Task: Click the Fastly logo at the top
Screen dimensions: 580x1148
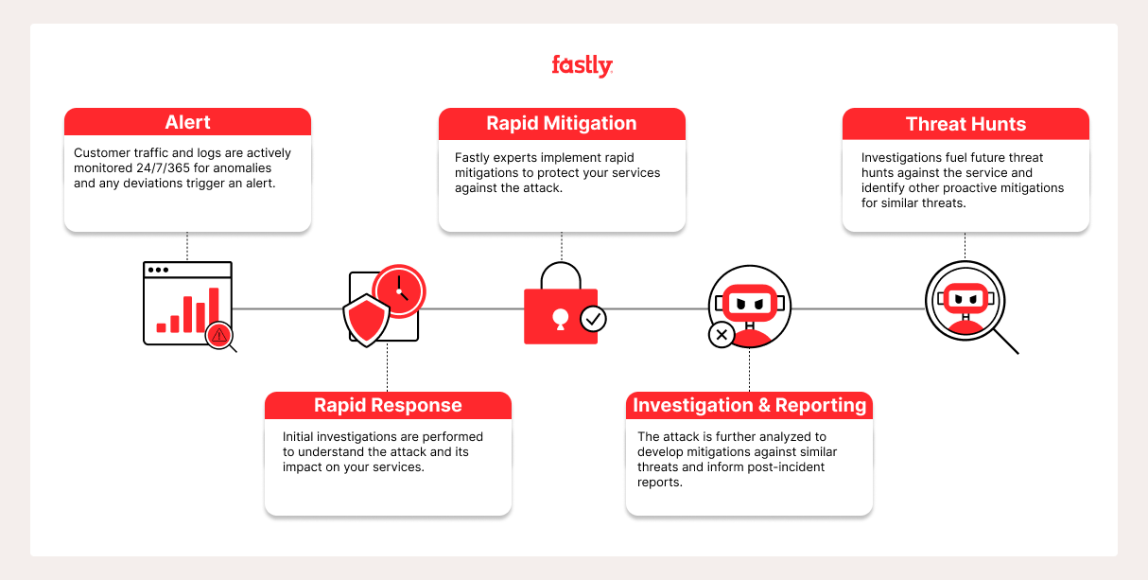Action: coord(582,65)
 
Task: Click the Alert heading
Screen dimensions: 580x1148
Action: coord(187,122)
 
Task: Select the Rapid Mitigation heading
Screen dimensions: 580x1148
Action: coord(562,124)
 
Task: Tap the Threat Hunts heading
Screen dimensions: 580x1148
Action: coord(965,124)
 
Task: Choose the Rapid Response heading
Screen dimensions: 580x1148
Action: coord(388,406)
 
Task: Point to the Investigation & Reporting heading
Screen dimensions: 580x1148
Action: coord(749,406)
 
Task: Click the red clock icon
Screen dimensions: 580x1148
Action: coord(399,289)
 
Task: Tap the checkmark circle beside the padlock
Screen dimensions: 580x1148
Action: coord(593,319)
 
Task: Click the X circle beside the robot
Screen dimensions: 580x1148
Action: coord(722,334)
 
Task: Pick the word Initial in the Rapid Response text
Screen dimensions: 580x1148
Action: coord(301,437)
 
